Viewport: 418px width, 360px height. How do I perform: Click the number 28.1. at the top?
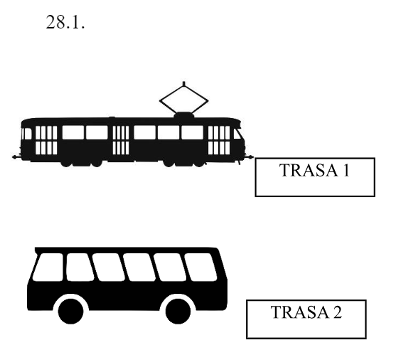click(65, 22)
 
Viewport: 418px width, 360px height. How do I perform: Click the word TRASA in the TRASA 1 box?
click(309, 170)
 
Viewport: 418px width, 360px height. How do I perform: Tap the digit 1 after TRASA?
click(346, 170)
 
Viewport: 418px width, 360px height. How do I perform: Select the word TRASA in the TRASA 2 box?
click(300, 312)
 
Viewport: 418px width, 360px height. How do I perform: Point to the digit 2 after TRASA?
click(337, 312)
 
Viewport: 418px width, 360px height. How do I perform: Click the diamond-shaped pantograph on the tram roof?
click(183, 100)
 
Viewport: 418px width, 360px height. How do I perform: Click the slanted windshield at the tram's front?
click(237, 134)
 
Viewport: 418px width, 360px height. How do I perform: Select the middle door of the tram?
click(121, 140)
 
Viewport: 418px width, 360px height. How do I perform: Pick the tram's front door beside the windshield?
click(219, 140)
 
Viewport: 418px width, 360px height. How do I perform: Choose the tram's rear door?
click(46, 140)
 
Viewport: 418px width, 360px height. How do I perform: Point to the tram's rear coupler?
click(16, 157)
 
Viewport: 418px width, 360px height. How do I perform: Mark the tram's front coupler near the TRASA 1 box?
click(250, 157)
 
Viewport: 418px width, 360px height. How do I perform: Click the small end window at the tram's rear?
click(28, 134)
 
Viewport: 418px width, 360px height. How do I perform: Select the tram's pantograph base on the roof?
click(183, 115)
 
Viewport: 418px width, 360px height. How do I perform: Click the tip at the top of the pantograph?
click(183, 83)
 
